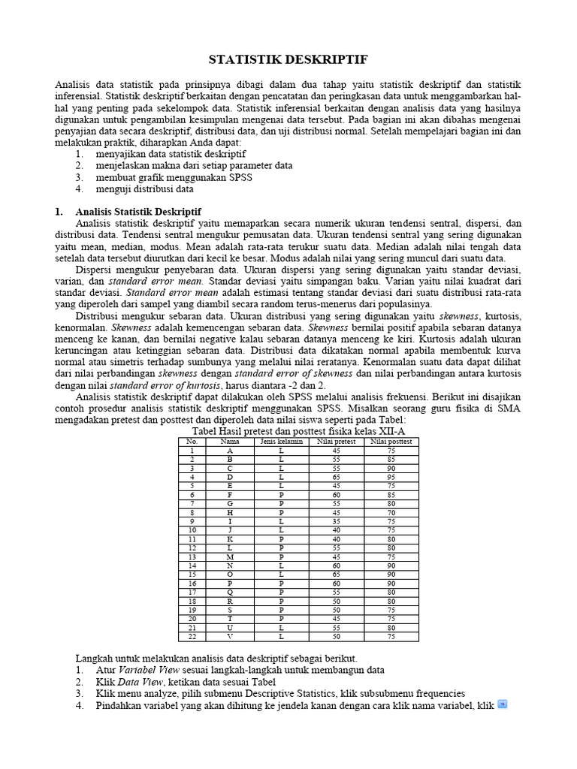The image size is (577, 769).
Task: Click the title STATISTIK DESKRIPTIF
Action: point(288,59)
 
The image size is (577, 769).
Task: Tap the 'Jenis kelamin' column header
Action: point(281,442)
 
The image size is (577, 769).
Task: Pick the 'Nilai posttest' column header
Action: point(391,442)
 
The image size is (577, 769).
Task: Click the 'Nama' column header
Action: point(229,442)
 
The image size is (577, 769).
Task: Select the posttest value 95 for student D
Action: point(391,477)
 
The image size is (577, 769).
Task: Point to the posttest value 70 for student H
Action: point(391,511)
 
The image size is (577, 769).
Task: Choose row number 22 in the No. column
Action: point(192,636)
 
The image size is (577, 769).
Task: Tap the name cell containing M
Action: point(229,556)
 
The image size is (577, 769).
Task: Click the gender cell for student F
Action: point(281,494)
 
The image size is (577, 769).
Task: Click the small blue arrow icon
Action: point(503,704)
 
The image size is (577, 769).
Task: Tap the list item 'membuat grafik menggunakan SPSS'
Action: point(174,177)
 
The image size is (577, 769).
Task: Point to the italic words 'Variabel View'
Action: point(147,669)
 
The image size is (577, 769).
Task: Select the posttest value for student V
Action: point(391,636)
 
